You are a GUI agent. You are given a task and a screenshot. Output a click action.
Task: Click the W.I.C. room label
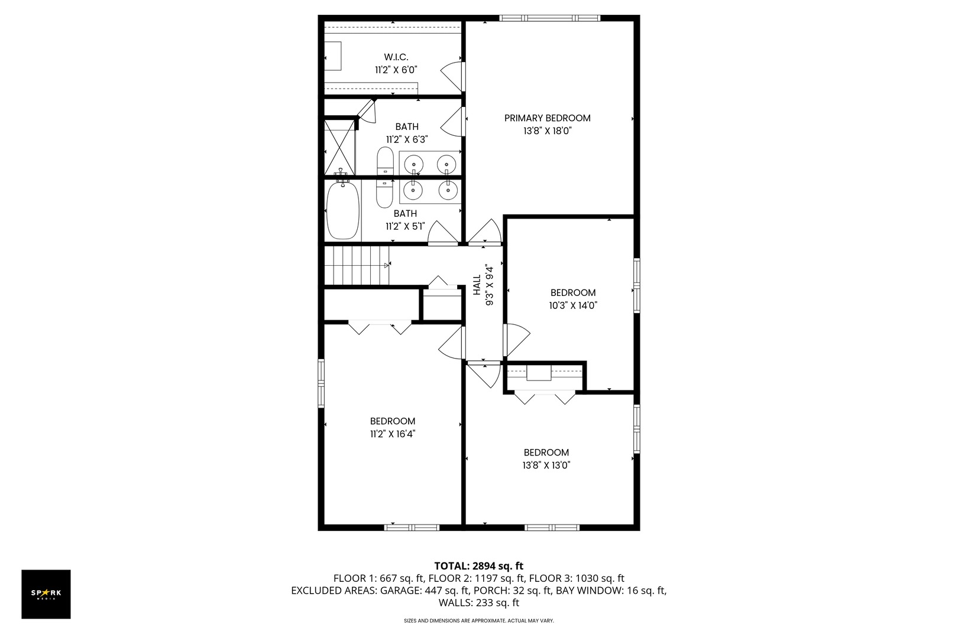[396, 57]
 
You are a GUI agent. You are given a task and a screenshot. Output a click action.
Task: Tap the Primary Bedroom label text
[547, 118]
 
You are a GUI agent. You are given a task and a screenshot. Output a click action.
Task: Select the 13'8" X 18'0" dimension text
[547, 131]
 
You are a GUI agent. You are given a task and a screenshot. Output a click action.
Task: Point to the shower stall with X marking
[340, 147]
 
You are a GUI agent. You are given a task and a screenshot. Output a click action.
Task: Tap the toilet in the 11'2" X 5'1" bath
[385, 193]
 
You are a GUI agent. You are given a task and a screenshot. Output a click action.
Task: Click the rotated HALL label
[477, 285]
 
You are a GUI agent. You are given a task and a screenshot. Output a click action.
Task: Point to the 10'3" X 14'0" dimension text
[572, 305]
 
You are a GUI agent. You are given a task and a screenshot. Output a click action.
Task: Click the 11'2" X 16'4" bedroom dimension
[392, 434]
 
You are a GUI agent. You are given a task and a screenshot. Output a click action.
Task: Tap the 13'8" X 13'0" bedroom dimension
[546, 466]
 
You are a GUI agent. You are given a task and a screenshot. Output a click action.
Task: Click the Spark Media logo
[46, 594]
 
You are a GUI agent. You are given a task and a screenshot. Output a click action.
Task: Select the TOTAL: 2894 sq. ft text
[478, 565]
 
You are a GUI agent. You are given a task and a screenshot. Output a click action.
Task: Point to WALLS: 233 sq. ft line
[478, 603]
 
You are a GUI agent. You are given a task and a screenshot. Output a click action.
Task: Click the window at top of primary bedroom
[549, 18]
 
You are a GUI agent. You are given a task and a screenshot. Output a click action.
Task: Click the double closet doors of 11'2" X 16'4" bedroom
[380, 327]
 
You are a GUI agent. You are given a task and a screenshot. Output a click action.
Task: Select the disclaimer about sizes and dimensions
[478, 621]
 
